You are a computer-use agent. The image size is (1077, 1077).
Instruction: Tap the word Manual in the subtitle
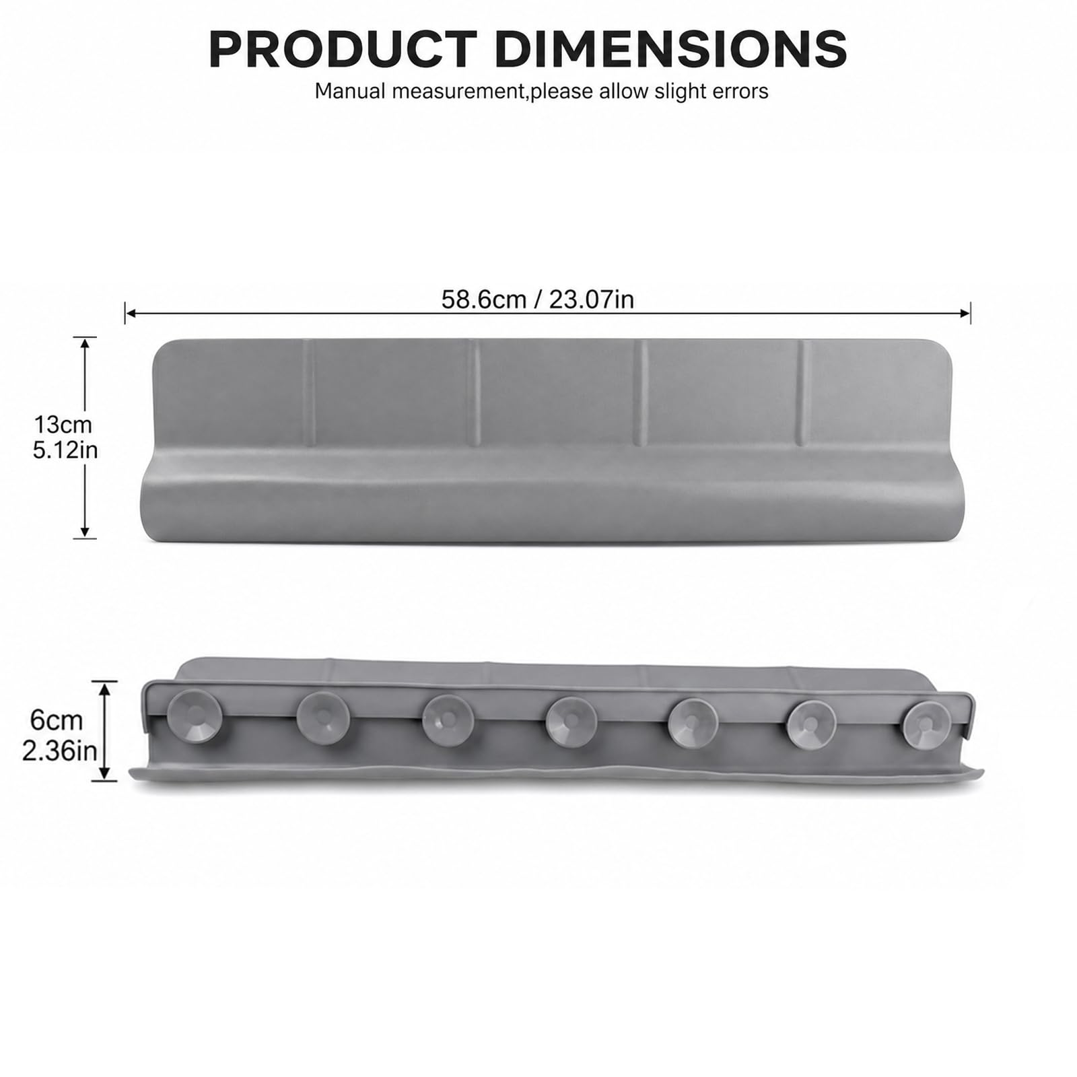tap(351, 91)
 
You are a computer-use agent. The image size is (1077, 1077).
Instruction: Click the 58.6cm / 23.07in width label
tap(538, 299)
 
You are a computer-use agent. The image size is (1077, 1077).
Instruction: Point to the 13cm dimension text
tap(63, 425)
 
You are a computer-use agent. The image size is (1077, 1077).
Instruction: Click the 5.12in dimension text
tap(65, 450)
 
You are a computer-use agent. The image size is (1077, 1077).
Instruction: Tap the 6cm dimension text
tap(57, 720)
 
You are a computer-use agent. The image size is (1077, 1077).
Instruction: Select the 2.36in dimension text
tap(59, 751)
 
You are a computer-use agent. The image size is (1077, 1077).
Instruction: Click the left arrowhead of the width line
tap(130, 313)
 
